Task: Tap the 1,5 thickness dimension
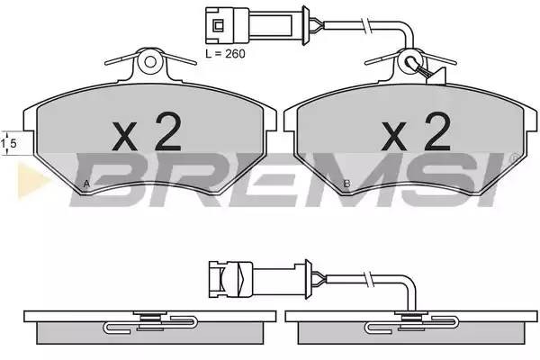pos(9,143)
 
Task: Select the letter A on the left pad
pos(85,184)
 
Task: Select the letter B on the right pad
pos(346,184)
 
